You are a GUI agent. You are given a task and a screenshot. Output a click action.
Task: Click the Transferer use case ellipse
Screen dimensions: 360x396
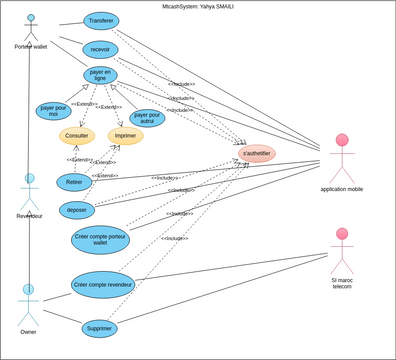click(x=100, y=21)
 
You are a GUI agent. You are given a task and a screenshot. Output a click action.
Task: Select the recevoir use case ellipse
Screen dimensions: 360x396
click(x=100, y=49)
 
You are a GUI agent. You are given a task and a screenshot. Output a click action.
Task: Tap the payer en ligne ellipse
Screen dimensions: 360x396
click(x=100, y=75)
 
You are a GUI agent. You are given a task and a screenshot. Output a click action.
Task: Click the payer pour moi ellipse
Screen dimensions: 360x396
click(x=53, y=110)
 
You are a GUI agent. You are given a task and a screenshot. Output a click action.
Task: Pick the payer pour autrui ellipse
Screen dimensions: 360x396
click(x=147, y=118)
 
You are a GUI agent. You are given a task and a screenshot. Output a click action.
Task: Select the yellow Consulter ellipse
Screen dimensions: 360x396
click(x=76, y=136)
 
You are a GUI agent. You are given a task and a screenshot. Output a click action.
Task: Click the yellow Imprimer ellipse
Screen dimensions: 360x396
click(x=125, y=136)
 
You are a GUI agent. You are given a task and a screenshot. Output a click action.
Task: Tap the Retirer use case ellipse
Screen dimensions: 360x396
click(x=74, y=182)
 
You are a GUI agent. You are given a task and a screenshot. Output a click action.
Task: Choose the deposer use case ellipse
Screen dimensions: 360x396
click(x=77, y=209)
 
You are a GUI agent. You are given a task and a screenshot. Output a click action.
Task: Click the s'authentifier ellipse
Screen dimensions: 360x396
click(x=256, y=154)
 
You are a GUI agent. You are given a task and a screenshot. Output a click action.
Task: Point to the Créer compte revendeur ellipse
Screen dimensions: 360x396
click(x=103, y=285)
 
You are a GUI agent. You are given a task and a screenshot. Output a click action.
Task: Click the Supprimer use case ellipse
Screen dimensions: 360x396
click(x=99, y=328)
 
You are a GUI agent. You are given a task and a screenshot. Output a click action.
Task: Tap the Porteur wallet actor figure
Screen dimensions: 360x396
click(x=30, y=28)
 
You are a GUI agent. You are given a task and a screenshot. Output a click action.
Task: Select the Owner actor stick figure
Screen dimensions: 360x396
click(x=29, y=303)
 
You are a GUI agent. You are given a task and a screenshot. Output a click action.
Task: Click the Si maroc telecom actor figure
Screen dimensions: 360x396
click(x=342, y=250)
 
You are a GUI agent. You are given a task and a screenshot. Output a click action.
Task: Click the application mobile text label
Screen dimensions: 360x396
click(x=342, y=189)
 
